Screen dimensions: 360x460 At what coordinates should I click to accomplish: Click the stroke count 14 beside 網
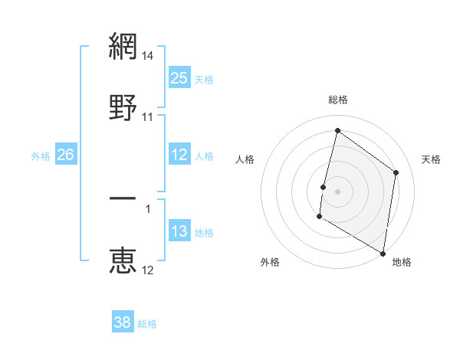148,56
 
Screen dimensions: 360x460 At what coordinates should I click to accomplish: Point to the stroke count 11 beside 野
148,116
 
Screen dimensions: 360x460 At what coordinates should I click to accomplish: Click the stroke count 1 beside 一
148,208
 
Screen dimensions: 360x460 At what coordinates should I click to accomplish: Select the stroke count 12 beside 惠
148,270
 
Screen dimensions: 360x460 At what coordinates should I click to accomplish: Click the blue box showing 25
179,78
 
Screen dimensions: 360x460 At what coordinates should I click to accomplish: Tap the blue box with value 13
179,231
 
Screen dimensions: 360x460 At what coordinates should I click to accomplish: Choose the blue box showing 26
65,155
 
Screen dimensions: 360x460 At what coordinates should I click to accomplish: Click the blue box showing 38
123,322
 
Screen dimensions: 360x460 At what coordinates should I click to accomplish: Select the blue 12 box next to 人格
179,155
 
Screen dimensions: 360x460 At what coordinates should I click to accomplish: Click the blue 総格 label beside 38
147,324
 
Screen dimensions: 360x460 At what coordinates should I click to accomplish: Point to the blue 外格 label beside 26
41,156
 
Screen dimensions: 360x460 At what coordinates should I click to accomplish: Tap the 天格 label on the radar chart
431,159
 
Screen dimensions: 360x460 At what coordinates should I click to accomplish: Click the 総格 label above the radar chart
338,100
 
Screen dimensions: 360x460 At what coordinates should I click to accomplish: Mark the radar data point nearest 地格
383,252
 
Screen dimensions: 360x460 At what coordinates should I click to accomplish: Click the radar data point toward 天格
396,172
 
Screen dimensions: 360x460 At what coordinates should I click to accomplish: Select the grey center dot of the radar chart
338,190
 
